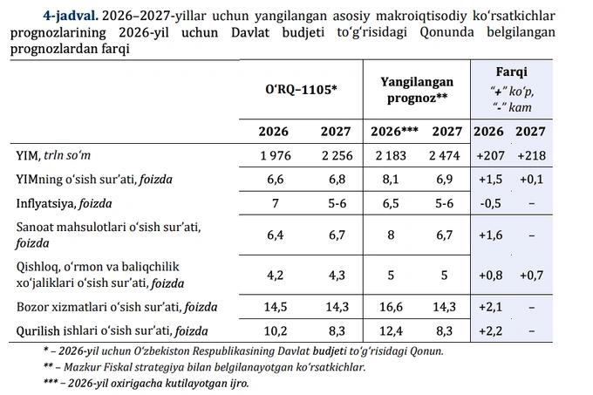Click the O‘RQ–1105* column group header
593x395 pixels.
(x=301, y=90)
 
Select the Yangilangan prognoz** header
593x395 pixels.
(x=417, y=90)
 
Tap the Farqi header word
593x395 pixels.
(x=511, y=72)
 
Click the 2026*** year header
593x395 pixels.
(x=394, y=132)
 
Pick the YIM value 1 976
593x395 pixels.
(x=276, y=156)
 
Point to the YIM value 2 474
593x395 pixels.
(x=445, y=156)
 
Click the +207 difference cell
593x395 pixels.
(x=490, y=156)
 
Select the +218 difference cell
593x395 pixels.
(x=532, y=156)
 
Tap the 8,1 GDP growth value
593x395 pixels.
(x=391, y=179)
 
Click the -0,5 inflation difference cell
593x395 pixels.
(x=490, y=203)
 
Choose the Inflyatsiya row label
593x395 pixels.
(x=64, y=204)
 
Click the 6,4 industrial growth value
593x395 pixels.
(x=276, y=235)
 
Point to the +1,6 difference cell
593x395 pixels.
(x=490, y=235)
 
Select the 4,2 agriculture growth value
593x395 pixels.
(x=276, y=276)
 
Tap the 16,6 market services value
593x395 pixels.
(x=391, y=307)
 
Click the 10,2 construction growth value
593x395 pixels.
(x=276, y=331)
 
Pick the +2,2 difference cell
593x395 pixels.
(x=490, y=331)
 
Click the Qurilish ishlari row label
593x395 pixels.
(x=112, y=331)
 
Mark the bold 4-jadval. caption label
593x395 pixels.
(x=71, y=16)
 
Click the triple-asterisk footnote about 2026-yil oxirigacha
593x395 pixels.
(x=147, y=384)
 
